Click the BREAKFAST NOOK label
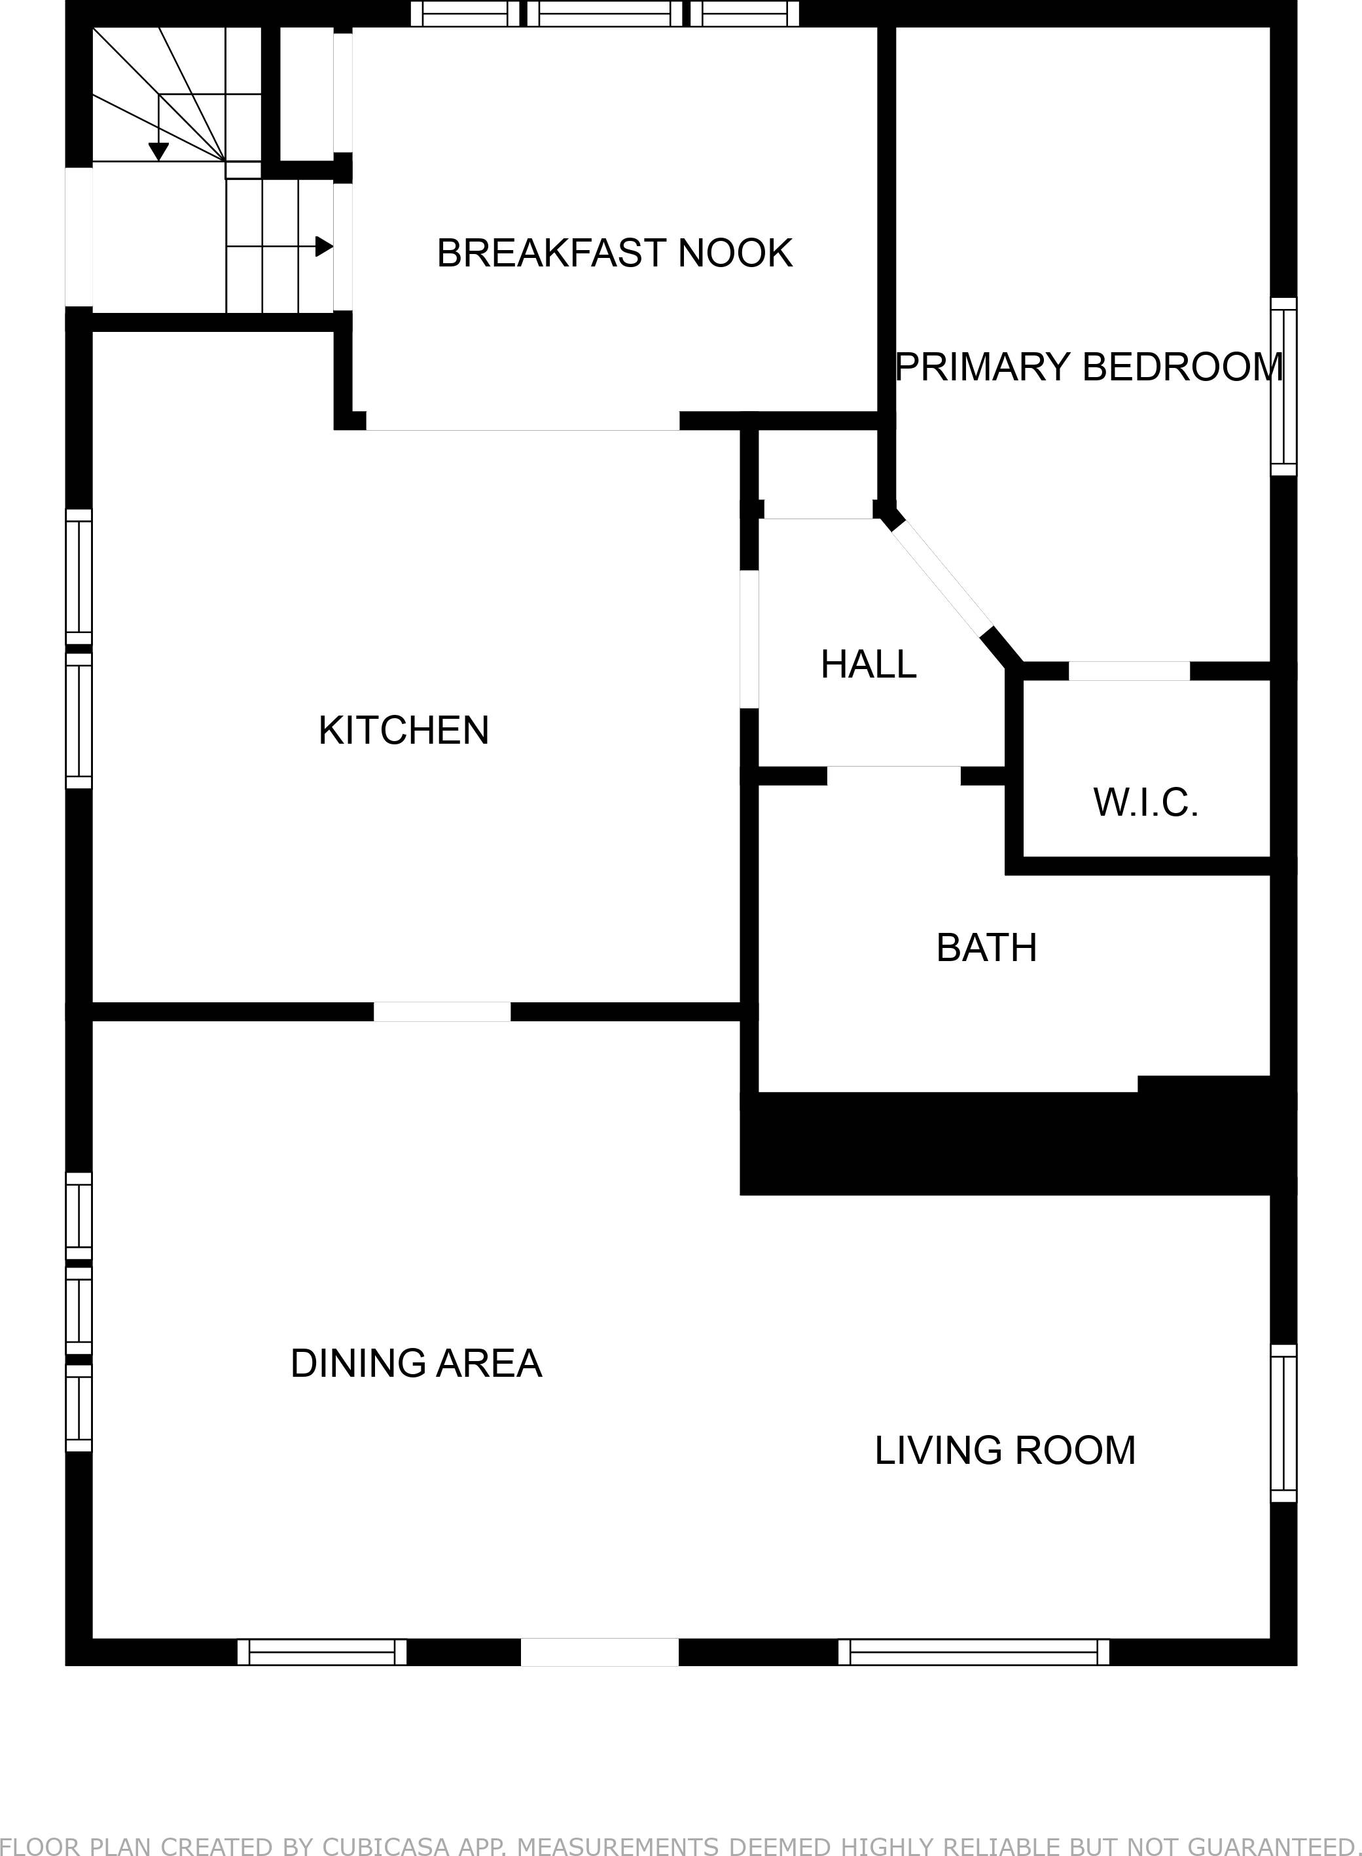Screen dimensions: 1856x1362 (614, 253)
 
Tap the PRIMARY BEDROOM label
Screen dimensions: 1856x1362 (1088, 367)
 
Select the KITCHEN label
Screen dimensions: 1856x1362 (404, 731)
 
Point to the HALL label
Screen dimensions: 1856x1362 (868, 664)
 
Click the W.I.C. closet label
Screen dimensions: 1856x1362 (1145, 803)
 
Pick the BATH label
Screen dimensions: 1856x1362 (986, 948)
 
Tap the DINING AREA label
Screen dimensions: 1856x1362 (416, 1364)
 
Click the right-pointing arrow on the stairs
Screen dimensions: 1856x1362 (324, 246)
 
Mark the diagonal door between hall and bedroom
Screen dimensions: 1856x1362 (942, 578)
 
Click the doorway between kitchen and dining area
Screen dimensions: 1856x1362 (442, 1011)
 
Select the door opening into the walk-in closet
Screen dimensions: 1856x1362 (1129, 671)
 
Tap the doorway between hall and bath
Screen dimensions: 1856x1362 (893, 776)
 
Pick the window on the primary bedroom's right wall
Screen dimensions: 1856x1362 (1283, 386)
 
